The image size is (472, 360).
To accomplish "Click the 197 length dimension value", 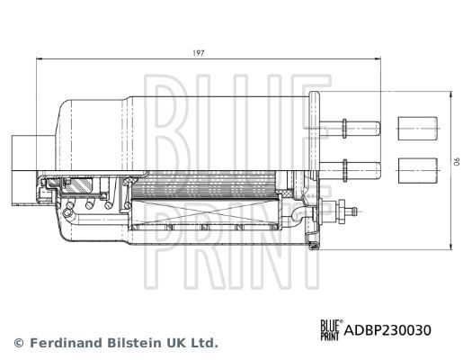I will [199, 53].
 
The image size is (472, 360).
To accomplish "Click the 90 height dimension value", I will [455, 162].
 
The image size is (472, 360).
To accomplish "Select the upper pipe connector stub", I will [359, 125].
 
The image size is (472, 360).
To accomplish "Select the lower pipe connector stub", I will [359, 166].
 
